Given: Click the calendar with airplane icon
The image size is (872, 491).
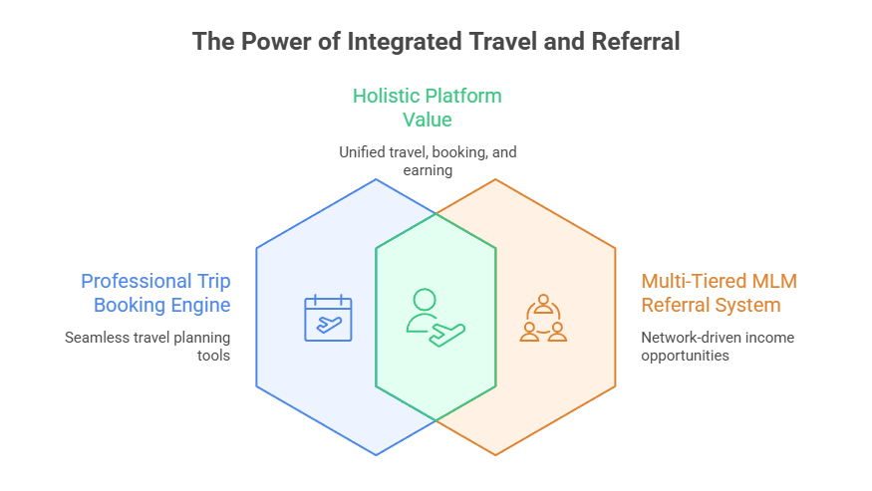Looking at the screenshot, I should (328, 319).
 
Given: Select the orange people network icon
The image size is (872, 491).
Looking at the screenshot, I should (543, 318).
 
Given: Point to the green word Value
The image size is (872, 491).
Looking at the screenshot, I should (427, 121).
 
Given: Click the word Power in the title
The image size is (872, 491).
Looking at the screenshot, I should (269, 42).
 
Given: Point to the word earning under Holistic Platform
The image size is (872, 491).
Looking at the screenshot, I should (428, 170).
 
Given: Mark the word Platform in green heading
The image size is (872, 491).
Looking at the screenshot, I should (463, 97).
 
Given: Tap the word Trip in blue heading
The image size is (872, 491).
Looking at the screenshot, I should (213, 281).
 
